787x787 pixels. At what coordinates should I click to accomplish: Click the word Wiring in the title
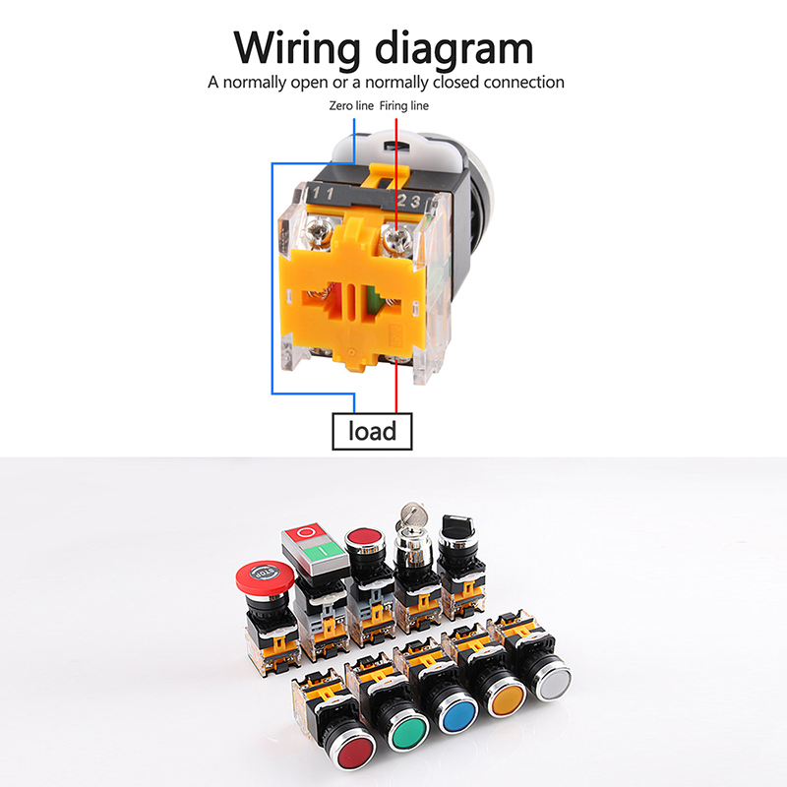(297, 49)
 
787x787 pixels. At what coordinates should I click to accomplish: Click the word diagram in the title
(454, 49)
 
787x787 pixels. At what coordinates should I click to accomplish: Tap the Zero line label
(351, 106)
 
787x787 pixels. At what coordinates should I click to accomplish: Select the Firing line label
(404, 106)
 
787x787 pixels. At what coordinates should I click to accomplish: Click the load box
(372, 431)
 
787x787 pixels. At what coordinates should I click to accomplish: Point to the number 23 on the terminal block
(408, 202)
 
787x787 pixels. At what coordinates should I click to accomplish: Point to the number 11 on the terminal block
(323, 193)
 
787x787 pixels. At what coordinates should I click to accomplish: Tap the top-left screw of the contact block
(318, 232)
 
